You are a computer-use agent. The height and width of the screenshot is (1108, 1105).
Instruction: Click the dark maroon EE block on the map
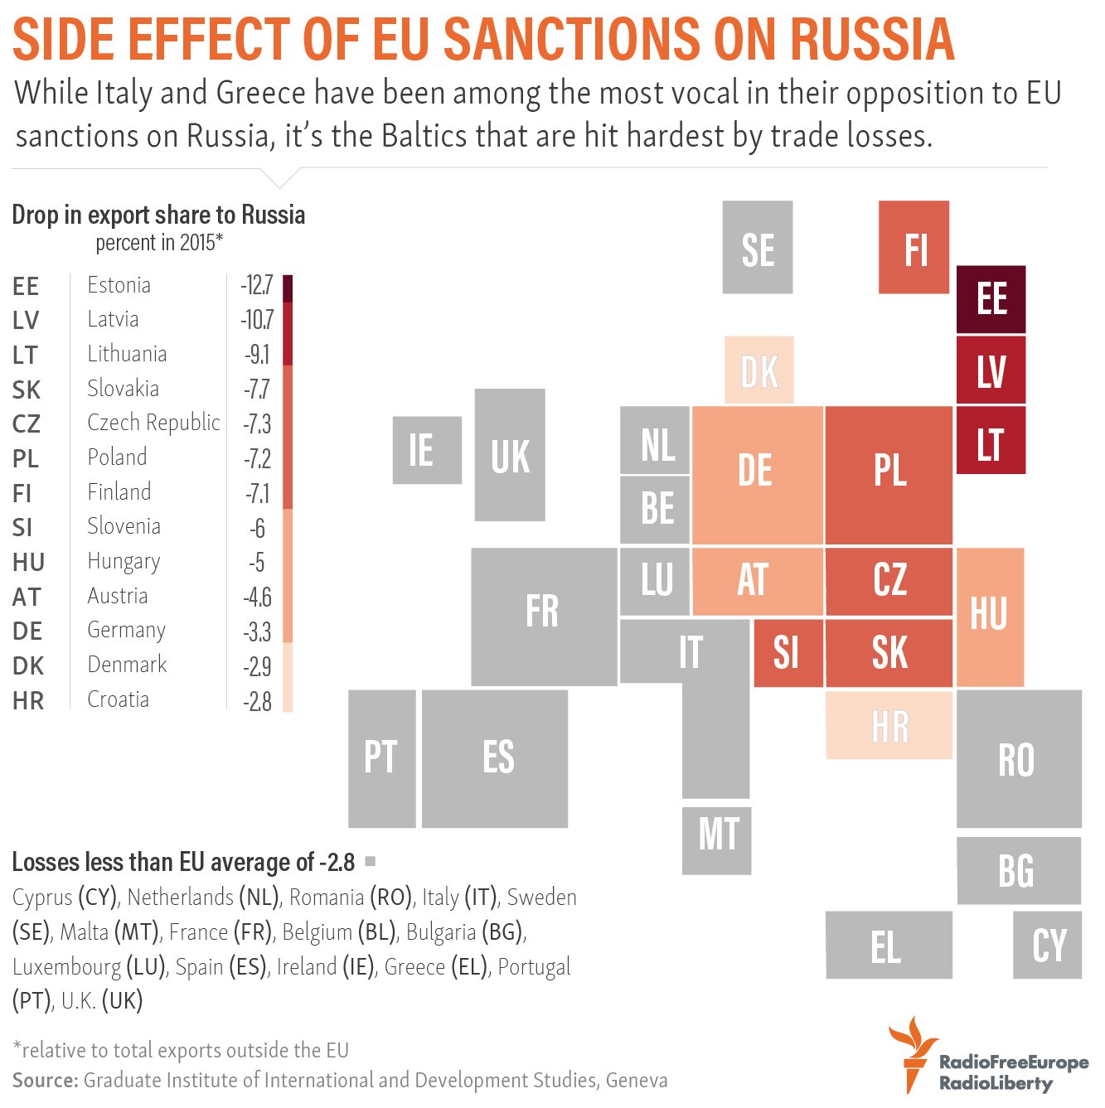(991, 299)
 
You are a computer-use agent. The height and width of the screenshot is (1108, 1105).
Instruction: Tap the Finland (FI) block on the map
(914, 247)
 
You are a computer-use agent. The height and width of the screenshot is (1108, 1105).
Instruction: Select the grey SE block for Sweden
(757, 247)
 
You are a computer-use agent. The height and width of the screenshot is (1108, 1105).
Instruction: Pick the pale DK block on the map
(759, 370)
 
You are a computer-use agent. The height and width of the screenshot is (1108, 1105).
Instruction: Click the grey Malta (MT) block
(716, 840)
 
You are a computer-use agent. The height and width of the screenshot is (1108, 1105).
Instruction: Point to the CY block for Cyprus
(1047, 945)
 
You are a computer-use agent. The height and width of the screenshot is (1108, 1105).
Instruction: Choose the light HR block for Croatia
(889, 725)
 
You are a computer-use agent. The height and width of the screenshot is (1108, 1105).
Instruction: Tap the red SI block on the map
(788, 653)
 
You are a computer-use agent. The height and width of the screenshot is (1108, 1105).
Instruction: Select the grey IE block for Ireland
(427, 450)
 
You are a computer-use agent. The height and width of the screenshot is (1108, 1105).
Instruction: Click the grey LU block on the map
(655, 581)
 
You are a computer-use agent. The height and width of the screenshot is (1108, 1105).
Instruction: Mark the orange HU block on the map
(990, 617)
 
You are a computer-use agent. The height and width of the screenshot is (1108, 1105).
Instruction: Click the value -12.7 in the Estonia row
(257, 285)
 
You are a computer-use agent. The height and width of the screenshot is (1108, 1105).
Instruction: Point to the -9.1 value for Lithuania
(257, 355)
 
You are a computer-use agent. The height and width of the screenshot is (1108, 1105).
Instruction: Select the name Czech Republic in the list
(153, 423)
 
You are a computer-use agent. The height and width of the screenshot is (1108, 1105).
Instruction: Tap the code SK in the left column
(27, 389)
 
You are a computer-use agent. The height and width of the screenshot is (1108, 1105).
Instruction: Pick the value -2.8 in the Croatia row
(257, 701)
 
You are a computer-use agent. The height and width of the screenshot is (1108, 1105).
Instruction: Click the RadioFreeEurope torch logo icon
(912, 1054)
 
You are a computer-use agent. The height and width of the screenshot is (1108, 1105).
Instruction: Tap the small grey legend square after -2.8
(371, 861)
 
